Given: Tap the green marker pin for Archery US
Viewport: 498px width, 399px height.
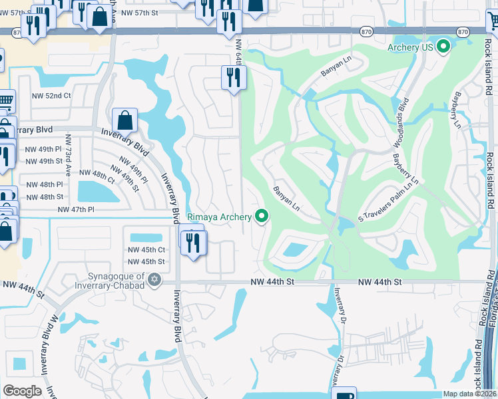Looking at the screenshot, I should point(444,47).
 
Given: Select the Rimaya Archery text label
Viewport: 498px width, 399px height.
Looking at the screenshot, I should point(219,216).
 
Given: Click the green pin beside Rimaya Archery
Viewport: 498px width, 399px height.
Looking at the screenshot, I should point(262,216).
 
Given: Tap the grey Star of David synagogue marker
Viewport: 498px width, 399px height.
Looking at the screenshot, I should point(155,279).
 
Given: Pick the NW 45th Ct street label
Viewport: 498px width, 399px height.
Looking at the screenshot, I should point(146,250).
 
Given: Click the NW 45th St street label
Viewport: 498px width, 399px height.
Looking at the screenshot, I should point(146,262).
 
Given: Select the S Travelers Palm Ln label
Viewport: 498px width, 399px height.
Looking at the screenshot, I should point(389,198).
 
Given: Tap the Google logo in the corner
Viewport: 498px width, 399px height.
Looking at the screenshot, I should point(22,390).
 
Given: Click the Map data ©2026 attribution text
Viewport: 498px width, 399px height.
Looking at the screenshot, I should point(470,394).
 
